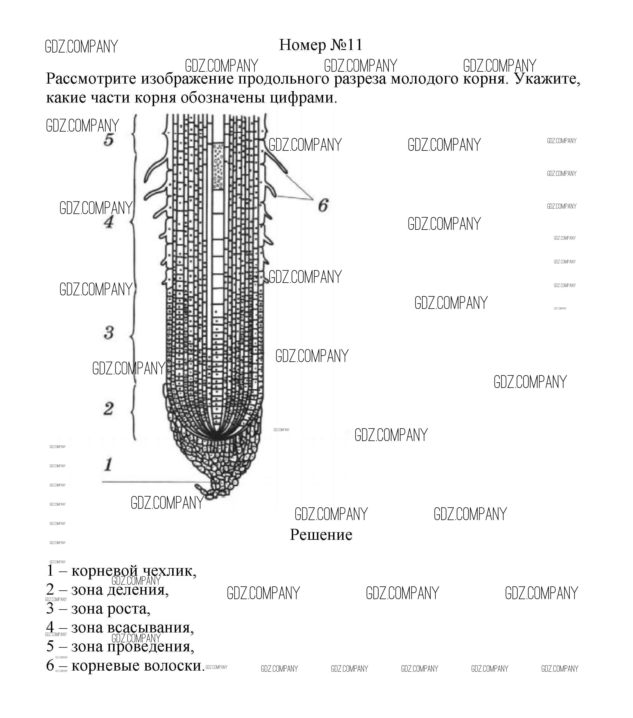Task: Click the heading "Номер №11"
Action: (320, 45)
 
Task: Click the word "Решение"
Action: (321, 535)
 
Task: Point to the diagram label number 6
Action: (323, 205)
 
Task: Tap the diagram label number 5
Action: (109, 139)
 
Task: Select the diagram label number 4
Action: (109, 222)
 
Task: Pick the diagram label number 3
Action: (109, 332)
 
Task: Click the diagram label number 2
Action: (108, 409)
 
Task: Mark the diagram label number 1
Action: (108, 464)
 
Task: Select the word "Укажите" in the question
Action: (547, 79)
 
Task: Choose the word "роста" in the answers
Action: (128, 609)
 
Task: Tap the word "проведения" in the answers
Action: (150, 646)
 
